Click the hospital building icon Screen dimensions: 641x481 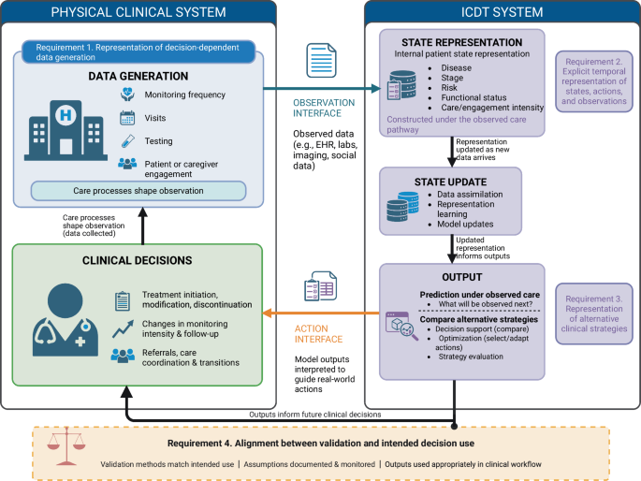pos(66,130)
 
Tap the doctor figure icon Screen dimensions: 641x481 pos(66,320)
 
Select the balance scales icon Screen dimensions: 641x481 pos(66,446)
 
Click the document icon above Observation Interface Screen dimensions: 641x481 pos(321,61)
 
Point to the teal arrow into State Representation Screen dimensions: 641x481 pos(322,88)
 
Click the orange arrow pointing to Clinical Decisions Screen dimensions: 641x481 pos(321,313)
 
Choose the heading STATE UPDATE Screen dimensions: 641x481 pos(450,182)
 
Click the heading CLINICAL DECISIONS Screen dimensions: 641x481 pos(137,260)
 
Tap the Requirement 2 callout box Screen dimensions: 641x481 pos(594,81)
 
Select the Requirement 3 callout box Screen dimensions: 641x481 pos(594,313)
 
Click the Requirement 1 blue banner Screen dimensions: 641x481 pos(138,51)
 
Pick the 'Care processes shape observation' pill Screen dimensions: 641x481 pos(138,191)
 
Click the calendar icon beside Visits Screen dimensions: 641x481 pos(127,118)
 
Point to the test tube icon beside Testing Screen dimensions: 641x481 pos(127,141)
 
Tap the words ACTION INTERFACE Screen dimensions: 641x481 pos(318,334)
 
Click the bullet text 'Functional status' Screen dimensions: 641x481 pos(473,97)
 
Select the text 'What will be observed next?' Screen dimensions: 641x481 pos(486,304)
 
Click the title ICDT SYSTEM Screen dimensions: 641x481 pos(502,12)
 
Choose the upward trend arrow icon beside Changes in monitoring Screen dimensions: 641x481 pos(123,329)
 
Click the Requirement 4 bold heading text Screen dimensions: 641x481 pos(321,443)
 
